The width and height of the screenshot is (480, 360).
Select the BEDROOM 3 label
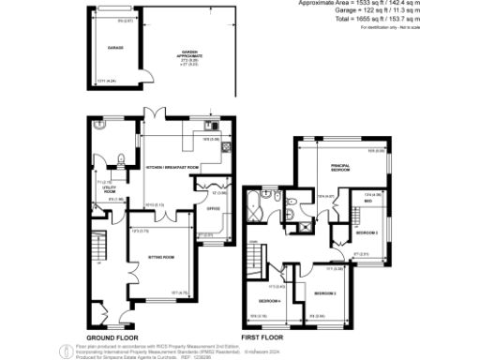click(325, 293)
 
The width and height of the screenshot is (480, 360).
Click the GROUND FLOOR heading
click(112, 337)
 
